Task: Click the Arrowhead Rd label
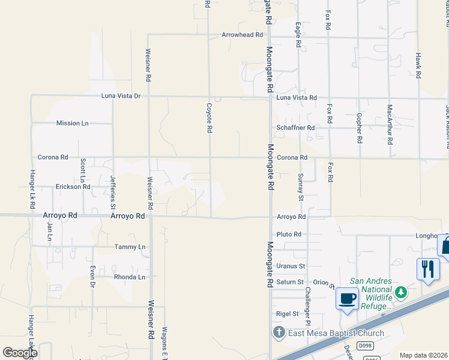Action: coord(243,35)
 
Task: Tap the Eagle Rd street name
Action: coord(298,35)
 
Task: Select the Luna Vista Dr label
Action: coord(121,96)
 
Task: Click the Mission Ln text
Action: coord(72,123)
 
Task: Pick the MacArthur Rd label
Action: coord(390,125)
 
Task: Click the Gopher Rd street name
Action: coord(359,127)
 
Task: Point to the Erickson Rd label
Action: coord(72,187)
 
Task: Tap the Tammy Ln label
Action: coord(130,247)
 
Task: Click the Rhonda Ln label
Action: coord(130,277)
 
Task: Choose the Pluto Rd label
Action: coord(289,235)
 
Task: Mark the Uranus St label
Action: coord(291,266)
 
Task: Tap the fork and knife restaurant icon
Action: coord(427,268)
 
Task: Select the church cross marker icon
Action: coord(279,332)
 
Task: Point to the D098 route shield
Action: coord(364,346)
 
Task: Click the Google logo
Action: coord(20,353)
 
